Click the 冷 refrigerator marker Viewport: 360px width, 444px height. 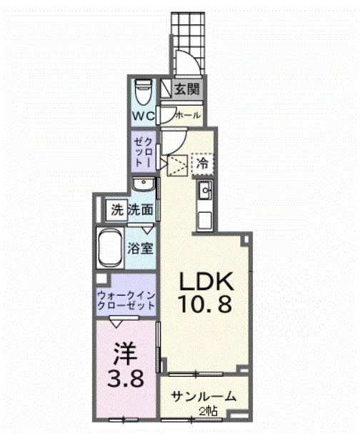(x=203, y=163)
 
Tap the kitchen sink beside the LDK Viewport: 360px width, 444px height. (x=204, y=190)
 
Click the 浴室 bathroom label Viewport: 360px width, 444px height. (x=140, y=250)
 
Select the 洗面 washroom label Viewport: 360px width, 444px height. (x=141, y=210)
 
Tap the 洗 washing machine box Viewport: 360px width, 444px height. (x=116, y=210)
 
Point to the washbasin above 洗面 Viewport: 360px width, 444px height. (x=144, y=185)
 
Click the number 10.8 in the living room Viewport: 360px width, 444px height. (x=204, y=306)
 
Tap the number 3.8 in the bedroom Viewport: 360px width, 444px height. (x=126, y=377)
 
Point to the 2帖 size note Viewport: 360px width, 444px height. (x=209, y=410)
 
